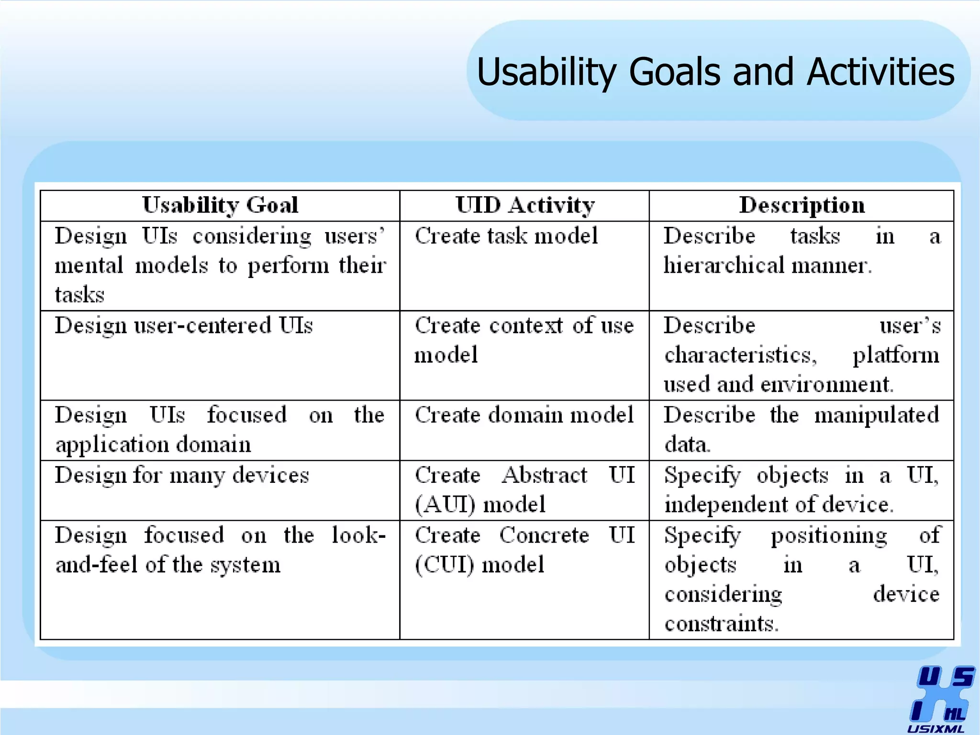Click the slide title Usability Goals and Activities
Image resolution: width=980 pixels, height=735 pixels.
coord(715,72)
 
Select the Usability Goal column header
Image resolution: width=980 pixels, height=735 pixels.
coord(220,205)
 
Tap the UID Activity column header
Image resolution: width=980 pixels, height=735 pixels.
coord(525,205)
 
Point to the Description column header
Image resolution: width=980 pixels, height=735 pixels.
coord(802,205)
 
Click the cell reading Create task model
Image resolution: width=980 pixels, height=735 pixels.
coord(506,236)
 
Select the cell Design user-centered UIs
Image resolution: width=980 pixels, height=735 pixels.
coord(184,326)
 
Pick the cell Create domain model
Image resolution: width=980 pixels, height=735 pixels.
coord(524,415)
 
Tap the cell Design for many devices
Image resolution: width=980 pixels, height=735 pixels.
coord(182,476)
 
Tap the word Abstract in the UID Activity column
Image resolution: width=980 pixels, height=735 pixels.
coord(545,475)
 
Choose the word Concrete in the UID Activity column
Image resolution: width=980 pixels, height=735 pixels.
coord(544,535)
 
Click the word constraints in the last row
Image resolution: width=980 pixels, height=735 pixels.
coord(721,624)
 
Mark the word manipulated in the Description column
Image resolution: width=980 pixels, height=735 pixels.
coord(877,415)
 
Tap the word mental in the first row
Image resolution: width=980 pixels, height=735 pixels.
coord(89,266)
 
